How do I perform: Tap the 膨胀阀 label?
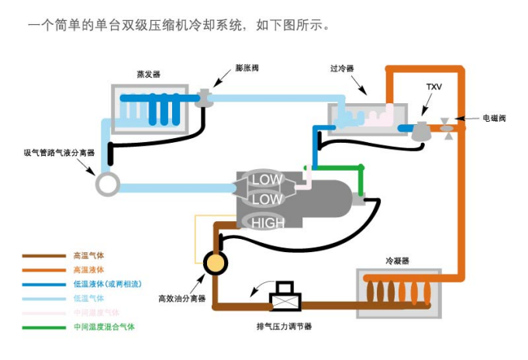coord(247,68)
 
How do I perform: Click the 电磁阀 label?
coord(494,119)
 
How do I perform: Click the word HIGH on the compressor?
coord(268,223)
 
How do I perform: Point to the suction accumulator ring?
coord(107,184)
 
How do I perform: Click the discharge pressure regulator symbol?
coord(284,297)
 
